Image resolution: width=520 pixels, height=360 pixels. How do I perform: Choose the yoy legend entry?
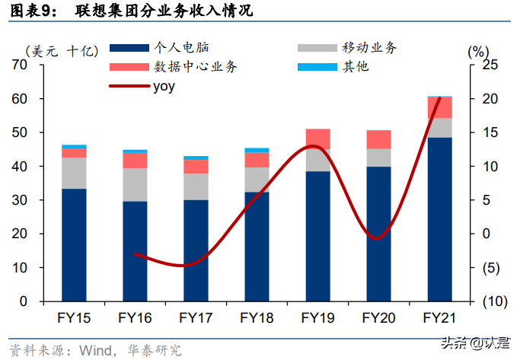pyautogui.click(x=163, y=86)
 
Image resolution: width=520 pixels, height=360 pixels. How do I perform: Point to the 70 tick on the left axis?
pyautogui.click(x=19, y=65)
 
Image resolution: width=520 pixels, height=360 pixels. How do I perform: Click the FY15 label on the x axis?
pyautogui.click(x=73, y=317)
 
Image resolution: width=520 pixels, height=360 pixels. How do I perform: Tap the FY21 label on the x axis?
pyautogui.click(x=439, y=317)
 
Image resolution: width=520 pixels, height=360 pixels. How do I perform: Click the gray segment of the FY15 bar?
pyautogui.click(x=74, y=173)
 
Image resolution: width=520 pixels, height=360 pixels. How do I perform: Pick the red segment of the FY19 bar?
pyautogui.click(x=317, y=139)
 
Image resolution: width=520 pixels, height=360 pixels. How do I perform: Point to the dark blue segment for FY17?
pyautogui.click(x=196, y=250)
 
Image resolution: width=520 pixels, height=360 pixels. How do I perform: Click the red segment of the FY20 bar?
pyautogui.click(x=378, y=139)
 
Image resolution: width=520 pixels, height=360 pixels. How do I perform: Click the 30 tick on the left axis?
pyautogui.click(x=19, y=200)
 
